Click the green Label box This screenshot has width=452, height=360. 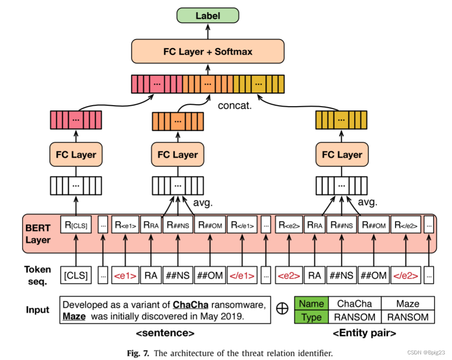[x=207, y=15]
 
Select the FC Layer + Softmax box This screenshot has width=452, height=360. [x=207, y=51]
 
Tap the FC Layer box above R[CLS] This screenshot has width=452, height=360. [x=77, y=154]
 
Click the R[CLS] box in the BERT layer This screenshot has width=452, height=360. [x=76, y=226]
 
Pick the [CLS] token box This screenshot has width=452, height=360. [x=76, y=276]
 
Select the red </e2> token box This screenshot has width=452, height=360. [x=405, y=276]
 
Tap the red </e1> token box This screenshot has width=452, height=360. [x=242, y=276]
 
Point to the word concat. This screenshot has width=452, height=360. [x=235, y=106]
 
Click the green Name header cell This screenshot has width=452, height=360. [x=312, y=304]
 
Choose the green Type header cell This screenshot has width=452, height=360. [x=312, y=317]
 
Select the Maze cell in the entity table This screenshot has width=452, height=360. [x=407, y=304]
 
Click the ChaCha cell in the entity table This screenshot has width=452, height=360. [x=354, y=304]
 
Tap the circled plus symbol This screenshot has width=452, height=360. [x=283, y=310]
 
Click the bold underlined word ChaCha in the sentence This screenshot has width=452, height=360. [x=191, y=304]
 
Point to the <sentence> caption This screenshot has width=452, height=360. [x=165, y=334]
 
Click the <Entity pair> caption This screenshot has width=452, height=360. [x=364, y=334]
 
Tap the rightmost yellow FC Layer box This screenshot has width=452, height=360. [x=342, y=154]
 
